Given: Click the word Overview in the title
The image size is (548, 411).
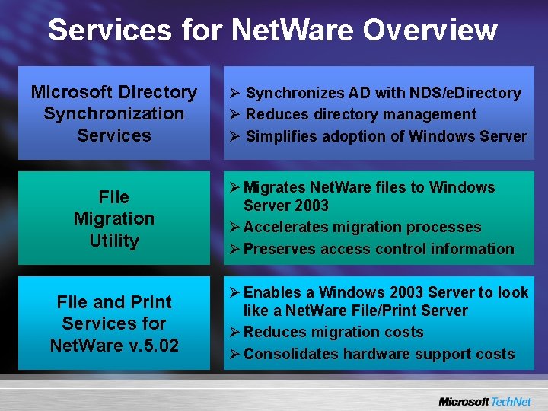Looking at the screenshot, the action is coord(430,30).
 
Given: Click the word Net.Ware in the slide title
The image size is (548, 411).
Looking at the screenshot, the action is coord(293,30).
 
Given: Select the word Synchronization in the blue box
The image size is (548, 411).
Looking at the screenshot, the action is coord(114,114).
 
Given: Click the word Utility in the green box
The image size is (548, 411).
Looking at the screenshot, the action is coord(114,241).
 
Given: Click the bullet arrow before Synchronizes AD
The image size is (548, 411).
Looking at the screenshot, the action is coord(235,94).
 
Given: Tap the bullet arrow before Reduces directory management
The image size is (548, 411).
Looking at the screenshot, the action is coord(235,115).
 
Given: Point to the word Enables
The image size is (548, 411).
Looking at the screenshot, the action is coord(271,293).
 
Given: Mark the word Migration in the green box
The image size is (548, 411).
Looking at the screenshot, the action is coord(114,219).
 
